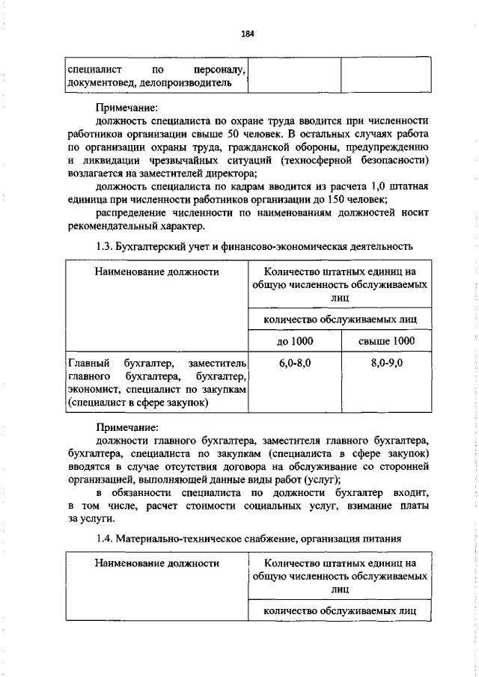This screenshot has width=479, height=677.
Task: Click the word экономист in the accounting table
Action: [94, 389]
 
